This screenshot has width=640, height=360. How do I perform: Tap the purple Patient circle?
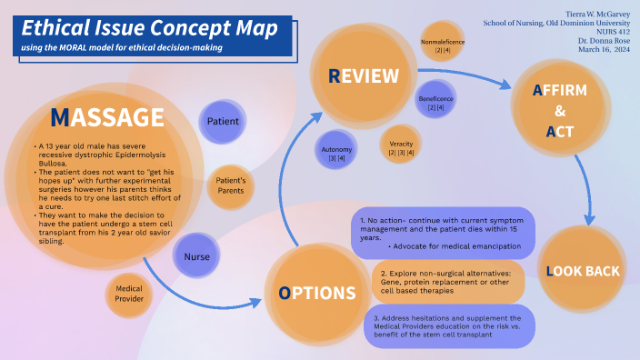223,121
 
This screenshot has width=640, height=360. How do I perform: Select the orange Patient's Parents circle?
230,186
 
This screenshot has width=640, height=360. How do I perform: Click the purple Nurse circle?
197,256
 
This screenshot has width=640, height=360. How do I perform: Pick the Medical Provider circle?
128,293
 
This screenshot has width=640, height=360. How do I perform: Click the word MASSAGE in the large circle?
107,118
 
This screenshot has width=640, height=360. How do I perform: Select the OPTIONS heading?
317,293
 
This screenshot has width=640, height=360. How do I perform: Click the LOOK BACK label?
583,271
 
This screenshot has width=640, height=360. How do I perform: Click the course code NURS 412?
607,33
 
